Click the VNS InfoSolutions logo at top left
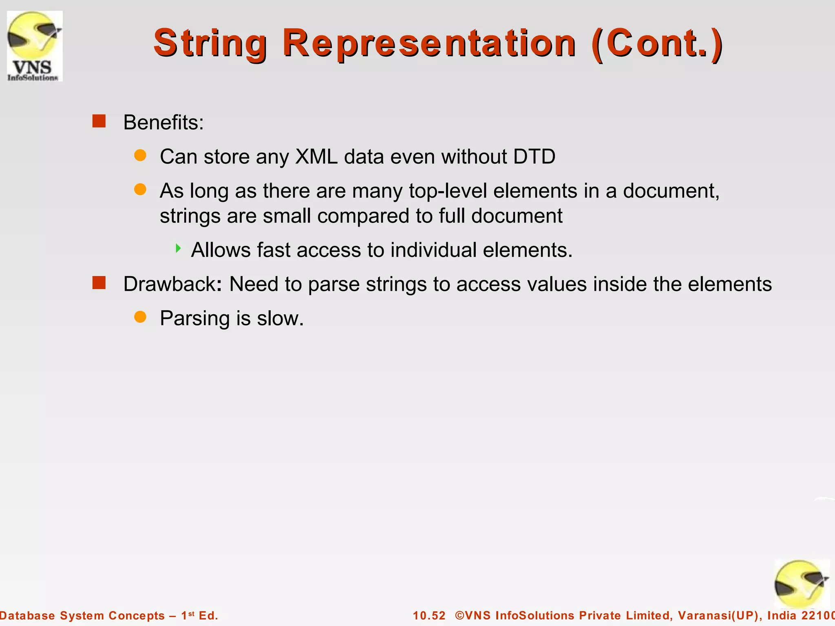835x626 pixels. (35, 46)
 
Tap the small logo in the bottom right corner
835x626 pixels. (801, 584)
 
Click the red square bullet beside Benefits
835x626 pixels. (99, 121)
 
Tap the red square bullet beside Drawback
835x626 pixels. (99, 282)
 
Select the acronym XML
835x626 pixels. (316, 156)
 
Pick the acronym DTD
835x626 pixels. (534, 156)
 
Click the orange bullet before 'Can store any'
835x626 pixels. (140, 155)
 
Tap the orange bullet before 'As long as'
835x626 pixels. (140, 190)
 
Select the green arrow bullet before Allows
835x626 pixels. (178, 248)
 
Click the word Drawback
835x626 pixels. (170, 284)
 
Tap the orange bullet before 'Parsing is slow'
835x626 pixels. (140, 317)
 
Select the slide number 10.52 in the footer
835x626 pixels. (429, 615)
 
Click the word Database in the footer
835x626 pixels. (27, 615)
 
